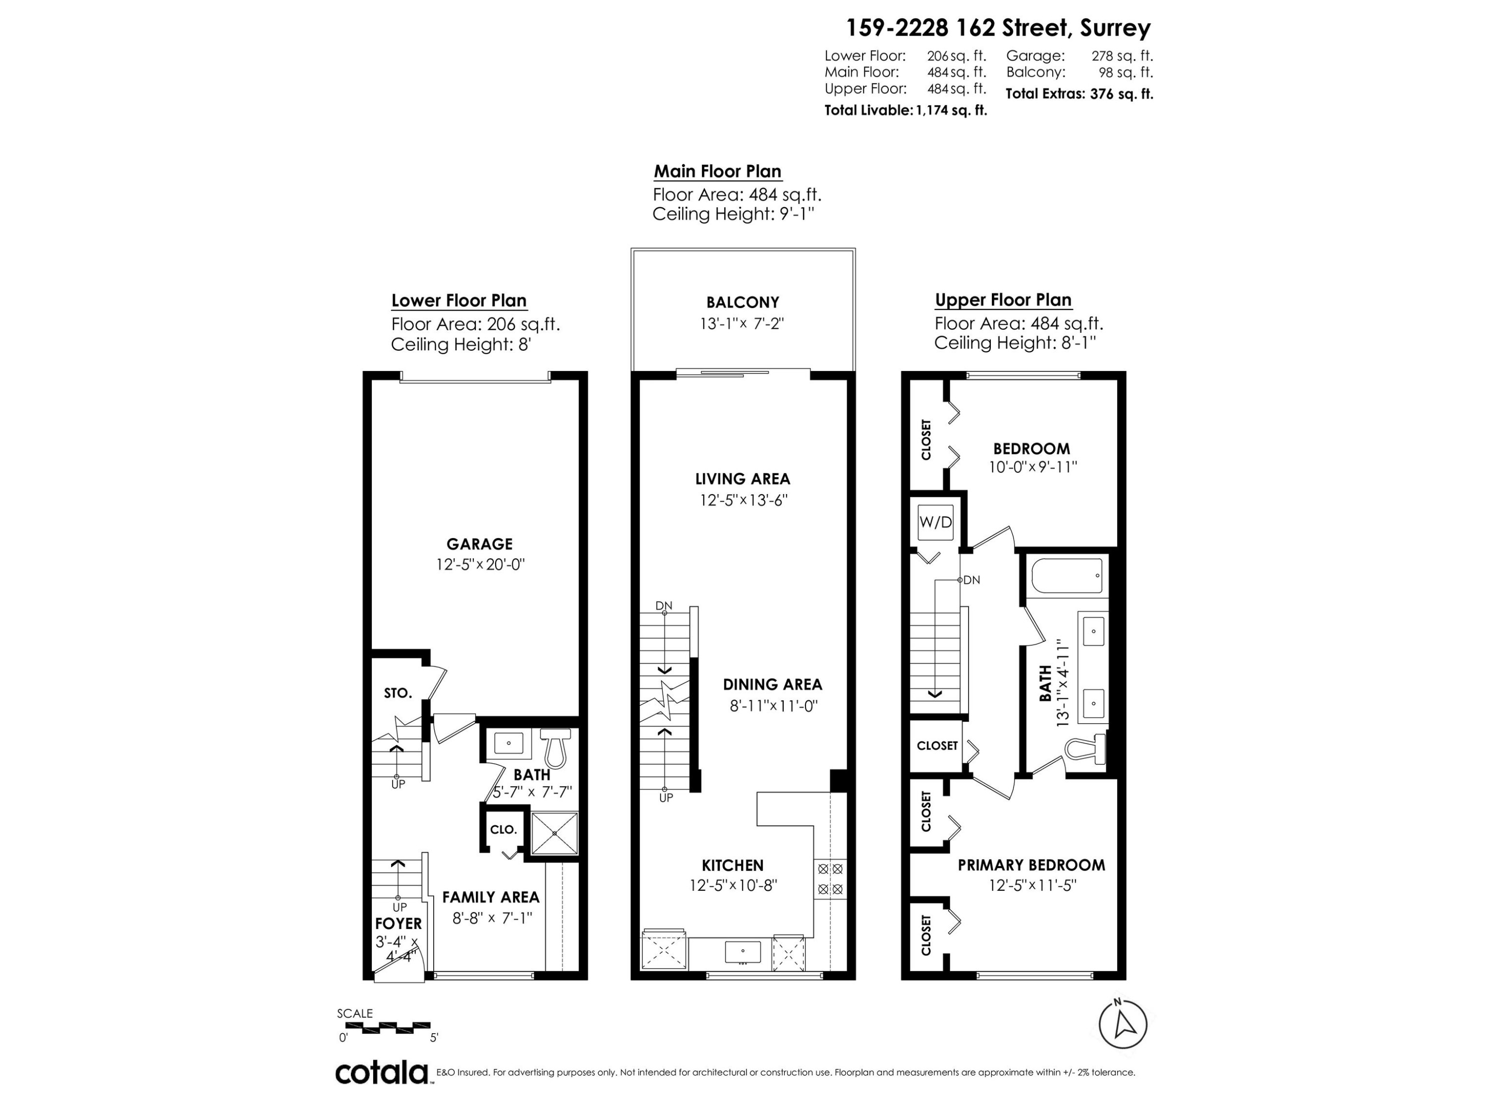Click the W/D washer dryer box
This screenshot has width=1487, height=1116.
tap(935, 522)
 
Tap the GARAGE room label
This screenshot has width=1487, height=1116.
tap(479, 544)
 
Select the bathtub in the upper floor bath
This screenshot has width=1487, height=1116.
tap(1066, 575)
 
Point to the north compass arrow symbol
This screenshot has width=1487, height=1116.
tap(1123, 1024)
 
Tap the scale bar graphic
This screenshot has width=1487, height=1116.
tap(383, 1028)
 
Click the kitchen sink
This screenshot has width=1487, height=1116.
tap(743, 952)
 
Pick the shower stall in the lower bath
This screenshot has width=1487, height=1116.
tap(555, 833)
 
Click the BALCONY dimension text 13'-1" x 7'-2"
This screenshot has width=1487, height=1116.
tap(742, 323)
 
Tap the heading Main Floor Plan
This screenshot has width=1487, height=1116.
tap(717, 172)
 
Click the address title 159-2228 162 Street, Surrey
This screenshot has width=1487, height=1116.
tap(998, 28)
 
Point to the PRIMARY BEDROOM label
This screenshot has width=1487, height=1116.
tap(1031, 865)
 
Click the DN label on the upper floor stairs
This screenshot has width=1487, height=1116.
tap(972, 580)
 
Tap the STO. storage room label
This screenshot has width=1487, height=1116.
tap(398, 693)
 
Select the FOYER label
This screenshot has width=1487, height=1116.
tap(399, 924)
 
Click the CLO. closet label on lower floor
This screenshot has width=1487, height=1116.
tap(503, 829)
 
